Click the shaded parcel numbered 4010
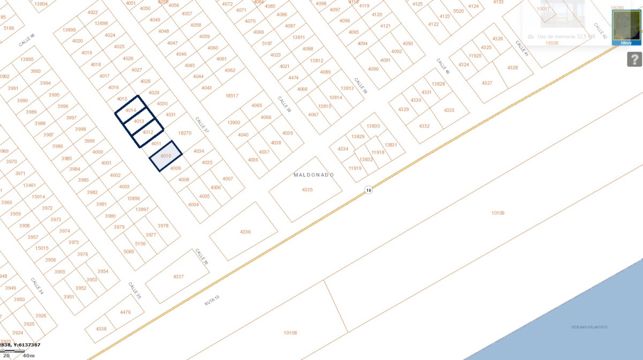[166, 156]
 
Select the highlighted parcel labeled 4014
[131, 110]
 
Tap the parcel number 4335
[307, 190]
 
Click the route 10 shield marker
[368, 190]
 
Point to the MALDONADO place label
[314, 175]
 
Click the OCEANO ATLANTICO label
[589, 327]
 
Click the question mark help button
[634, 59]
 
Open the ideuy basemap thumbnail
[626, 26]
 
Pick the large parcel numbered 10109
[498, 213]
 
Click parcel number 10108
[290, 333]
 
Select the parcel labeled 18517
[231, 96]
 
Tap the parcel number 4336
[245, 231]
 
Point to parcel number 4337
[178, 276]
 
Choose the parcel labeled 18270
[184, 133]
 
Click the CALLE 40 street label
[443, 66]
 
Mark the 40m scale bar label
[28, 355]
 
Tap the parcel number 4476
[125, 312]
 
